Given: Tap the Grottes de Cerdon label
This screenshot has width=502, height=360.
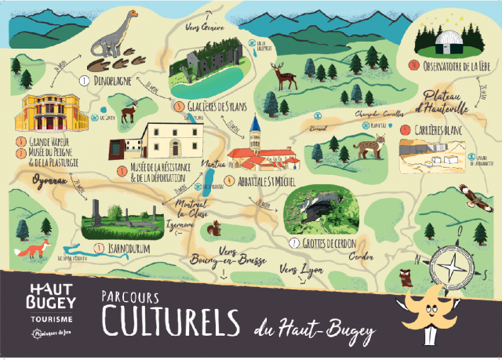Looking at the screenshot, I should (x=329, y=244).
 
